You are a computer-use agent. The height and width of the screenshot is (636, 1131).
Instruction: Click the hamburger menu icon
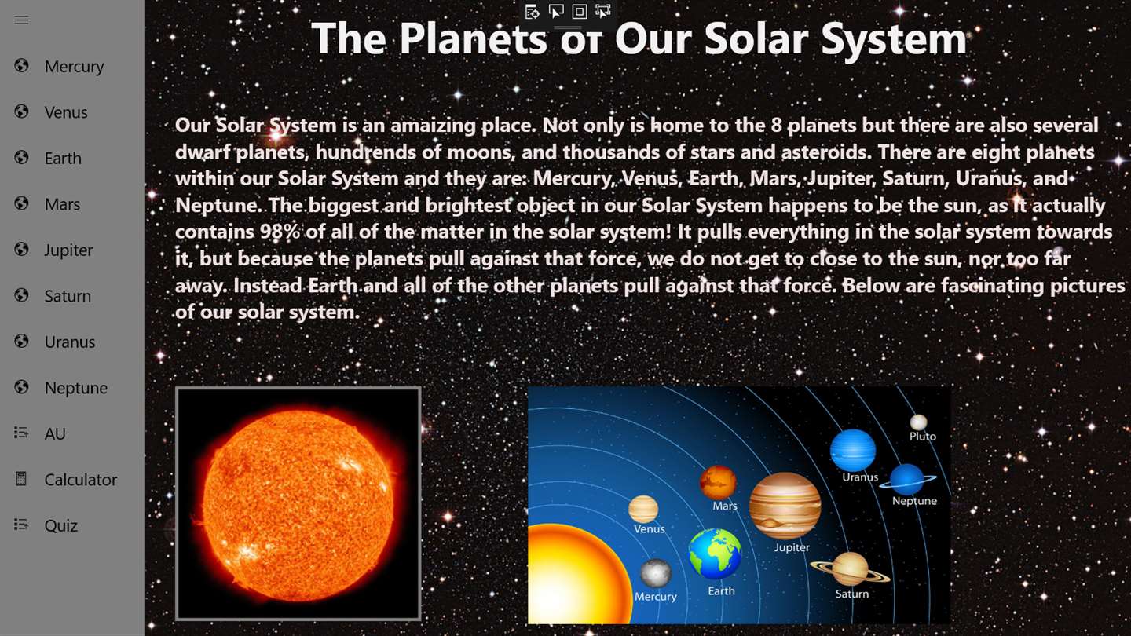(21, 20)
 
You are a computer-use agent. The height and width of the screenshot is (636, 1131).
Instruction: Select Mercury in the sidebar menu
(74, 67)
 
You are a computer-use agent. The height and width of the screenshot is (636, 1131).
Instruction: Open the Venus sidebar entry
(66, 112)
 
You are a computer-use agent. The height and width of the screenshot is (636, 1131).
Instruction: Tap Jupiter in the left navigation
(68, 250)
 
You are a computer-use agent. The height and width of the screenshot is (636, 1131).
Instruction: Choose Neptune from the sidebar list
(75, 388)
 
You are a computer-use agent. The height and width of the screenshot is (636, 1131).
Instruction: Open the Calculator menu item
(80, 480)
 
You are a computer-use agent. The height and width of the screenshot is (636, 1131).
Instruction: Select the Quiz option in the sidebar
(60, 525)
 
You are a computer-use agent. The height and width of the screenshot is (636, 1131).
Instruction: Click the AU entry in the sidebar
(55, 433)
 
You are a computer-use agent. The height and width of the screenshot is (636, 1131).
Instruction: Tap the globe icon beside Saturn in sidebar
(21, 295)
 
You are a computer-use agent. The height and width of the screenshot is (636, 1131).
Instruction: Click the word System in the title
(894, 39)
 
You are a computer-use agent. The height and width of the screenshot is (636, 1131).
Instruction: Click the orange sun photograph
(298, 504)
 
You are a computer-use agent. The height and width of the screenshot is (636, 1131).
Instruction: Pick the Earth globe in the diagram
(715, 554)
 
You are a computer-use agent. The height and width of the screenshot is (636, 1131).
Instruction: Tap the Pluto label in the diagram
(922, 436)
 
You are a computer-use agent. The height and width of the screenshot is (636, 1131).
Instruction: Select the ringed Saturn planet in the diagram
(851, 569)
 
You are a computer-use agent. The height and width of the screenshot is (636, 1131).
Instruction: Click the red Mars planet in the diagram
(718, 482)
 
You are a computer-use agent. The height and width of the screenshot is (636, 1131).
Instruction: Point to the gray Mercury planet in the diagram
(655, 573)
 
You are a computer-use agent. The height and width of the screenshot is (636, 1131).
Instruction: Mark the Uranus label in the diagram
(860, 477)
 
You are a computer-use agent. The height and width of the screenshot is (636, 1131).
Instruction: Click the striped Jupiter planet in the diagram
(785, 506)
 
